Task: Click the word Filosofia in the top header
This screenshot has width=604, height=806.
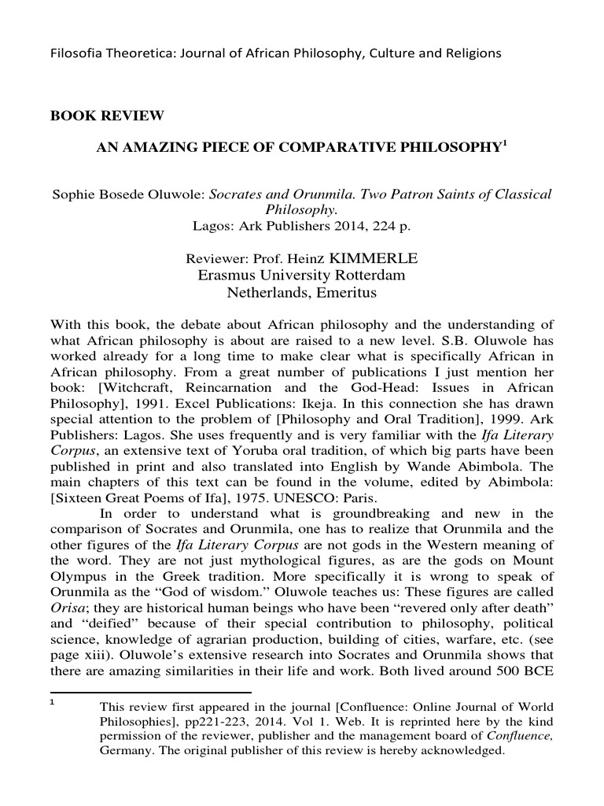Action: pyautogui.click(x=77, y=54)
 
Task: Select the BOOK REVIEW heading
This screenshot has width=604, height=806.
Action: pyautogui.click(x=108, y=116)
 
